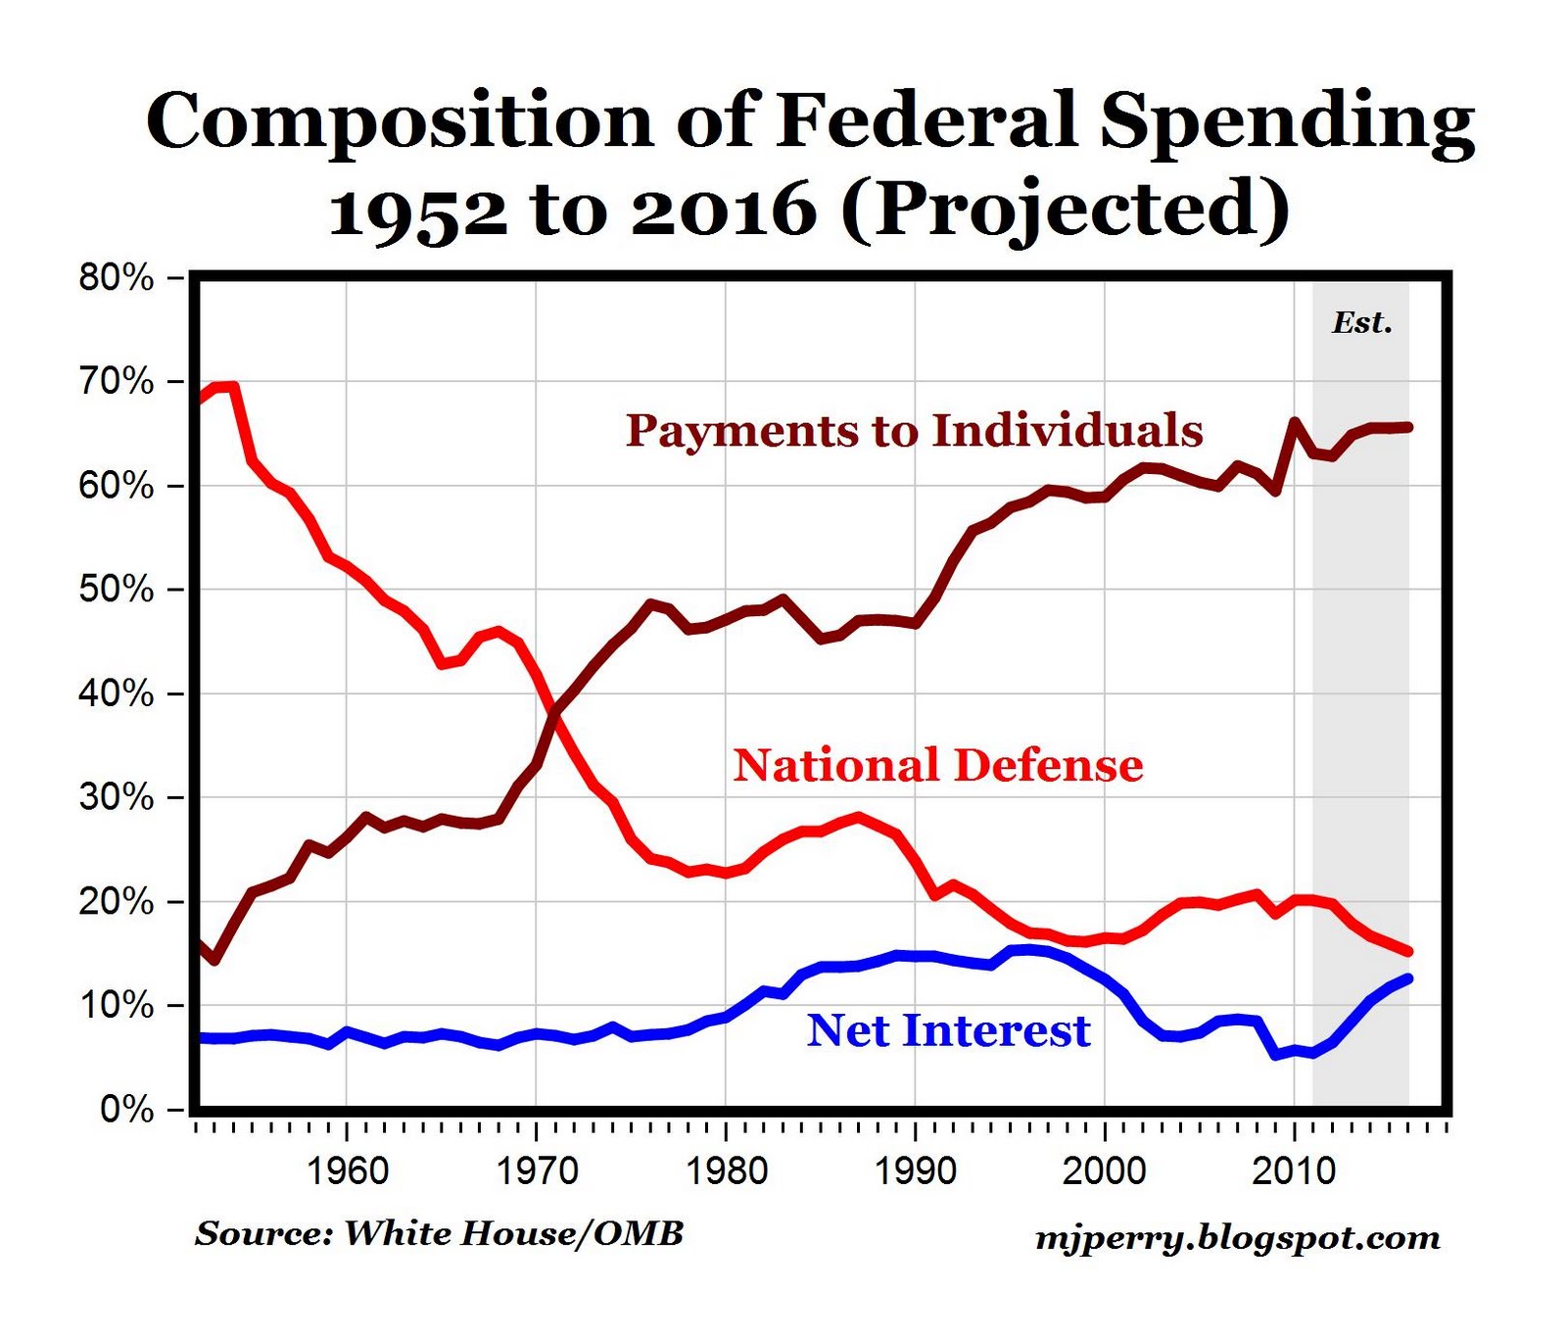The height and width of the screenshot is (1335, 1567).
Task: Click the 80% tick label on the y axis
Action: click(x=117, y=278)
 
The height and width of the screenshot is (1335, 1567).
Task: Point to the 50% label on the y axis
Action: click(x=117, y=590)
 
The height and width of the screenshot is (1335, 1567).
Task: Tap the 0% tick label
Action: click(x=126, y=1110)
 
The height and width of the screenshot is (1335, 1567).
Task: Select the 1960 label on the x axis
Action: click(x=347, y=1170)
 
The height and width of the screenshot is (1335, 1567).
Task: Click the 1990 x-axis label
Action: click(x=915, y=1170)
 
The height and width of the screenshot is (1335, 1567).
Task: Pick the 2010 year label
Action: click(x=1294, y=1170)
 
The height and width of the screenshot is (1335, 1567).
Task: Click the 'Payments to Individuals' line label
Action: click(x=914, y=431)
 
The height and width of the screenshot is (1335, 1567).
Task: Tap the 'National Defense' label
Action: click(x=937, y=765)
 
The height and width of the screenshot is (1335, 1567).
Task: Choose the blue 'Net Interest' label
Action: click(x=948, y=1030)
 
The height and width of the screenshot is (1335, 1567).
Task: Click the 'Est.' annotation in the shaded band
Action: click(x=1361, y=323)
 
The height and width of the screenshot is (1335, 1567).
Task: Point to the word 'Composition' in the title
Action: click(x=399, y=121)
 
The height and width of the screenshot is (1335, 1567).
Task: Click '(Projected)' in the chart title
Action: click(x=1065, y=210)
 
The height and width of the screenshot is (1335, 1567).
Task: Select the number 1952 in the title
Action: click(x=418, y=212)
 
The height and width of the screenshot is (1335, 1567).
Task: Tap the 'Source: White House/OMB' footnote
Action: click(x=439, y=1233)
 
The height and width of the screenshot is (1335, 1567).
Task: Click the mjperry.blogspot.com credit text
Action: click(x=1238, y=1238)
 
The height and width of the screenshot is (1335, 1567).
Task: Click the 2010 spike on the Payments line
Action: click(x=1294, y=422)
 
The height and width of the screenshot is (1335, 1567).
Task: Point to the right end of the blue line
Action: click(x=1408, y=977)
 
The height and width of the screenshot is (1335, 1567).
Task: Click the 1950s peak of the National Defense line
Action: click(x=227, y=386)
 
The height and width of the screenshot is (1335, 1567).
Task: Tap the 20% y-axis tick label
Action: click(x=117, y=902)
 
